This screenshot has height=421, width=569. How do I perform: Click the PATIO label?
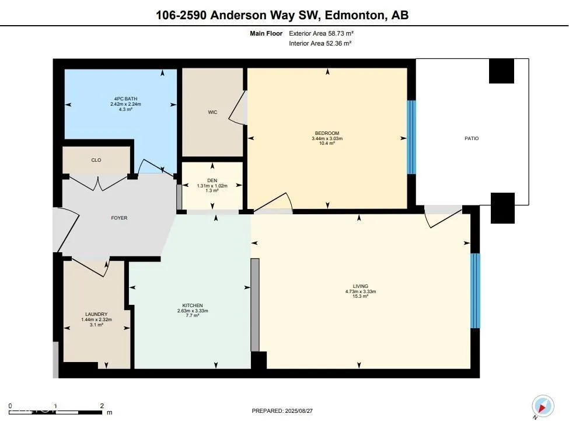[472, 138]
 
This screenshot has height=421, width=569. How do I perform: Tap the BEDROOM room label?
[327, 133]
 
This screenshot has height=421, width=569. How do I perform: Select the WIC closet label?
[212, 112]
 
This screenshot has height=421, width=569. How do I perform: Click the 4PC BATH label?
[125, 99]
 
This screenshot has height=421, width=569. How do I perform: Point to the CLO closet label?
[96, 160]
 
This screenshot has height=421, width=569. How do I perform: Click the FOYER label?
[119, 218]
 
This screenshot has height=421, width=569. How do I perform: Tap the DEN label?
[212, 180]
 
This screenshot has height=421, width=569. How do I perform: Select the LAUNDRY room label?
[96, 314]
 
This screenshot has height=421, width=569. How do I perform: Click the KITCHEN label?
[193, 305]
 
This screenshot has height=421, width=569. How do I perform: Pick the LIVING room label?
[360, 286]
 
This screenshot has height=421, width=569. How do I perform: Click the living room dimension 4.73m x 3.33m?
[360, 291]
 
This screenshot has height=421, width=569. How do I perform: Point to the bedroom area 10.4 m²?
[327, 144]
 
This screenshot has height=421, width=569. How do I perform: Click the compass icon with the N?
[543, 406]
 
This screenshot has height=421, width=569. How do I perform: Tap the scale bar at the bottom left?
[55, 412]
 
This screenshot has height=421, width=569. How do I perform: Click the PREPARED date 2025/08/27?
[299, 411]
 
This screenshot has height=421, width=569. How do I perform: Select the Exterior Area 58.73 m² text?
[321, 33]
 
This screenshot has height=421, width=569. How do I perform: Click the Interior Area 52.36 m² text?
[320, 43]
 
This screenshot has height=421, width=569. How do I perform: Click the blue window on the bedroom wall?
[411, 137]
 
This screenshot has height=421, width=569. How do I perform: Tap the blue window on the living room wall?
[475, 291]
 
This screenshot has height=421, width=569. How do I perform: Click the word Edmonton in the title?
[354, 15]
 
